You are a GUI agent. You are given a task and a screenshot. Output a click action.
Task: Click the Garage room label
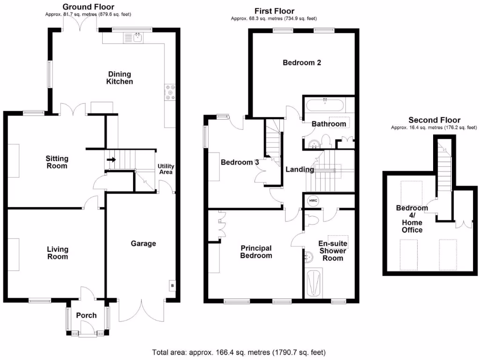[143, 243]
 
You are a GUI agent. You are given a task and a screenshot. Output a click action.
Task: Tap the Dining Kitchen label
[120, 78]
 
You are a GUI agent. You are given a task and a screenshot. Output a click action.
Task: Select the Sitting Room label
[56, 162]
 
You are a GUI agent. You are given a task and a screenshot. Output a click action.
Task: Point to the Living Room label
[57, 253]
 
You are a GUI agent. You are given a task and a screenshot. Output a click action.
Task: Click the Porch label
[86, 315]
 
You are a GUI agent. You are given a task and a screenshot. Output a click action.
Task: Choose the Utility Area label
[165, 169]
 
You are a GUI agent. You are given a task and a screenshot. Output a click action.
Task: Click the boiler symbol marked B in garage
[172, 286]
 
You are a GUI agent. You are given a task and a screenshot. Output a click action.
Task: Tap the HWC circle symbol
[313, 201]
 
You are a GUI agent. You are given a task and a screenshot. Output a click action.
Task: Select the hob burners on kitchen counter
[169, 92]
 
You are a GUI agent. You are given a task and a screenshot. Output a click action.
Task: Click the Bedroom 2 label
[301, 62]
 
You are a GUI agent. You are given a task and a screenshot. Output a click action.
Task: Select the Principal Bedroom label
[256, 252]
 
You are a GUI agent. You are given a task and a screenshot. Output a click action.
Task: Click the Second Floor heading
[434, 120]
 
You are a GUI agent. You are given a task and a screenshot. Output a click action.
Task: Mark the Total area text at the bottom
[239, 352]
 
